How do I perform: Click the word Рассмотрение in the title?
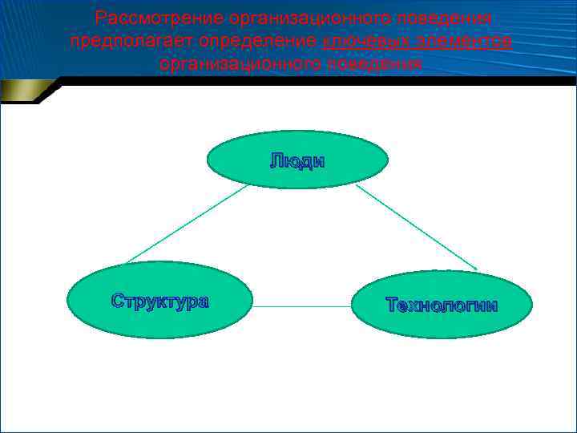point(159,18)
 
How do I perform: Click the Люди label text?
point(297,161)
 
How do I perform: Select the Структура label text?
point(159,301)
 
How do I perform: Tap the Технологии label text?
point(442,306)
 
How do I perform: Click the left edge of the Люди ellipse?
point(208,160)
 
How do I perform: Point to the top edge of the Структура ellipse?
point(159,262)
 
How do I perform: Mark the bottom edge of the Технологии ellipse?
point(442,338)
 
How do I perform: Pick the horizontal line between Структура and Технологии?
point(302,306)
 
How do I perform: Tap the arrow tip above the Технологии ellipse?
point(476,268)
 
